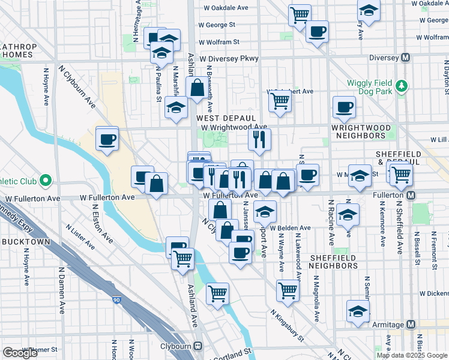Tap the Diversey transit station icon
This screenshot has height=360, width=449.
406,58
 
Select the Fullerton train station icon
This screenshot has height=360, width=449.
411,196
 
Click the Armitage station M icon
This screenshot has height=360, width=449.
411,324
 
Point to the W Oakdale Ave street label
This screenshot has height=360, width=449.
226,8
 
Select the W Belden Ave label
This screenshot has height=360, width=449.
290,228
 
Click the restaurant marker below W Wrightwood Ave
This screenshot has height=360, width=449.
259,139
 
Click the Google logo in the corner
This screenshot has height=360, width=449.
20,353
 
